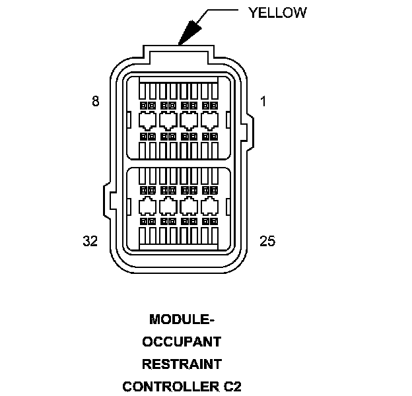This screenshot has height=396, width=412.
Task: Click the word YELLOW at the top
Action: (x=277, y=13)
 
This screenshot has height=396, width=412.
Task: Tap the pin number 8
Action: (x=96, y=101)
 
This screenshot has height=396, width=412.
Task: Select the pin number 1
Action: (x=264, y=101)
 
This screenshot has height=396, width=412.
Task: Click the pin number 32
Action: (x=90, y=241)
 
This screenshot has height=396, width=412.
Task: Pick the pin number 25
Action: (x=267, y=241)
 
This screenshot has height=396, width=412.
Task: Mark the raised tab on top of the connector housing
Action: (x=180, y=52)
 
